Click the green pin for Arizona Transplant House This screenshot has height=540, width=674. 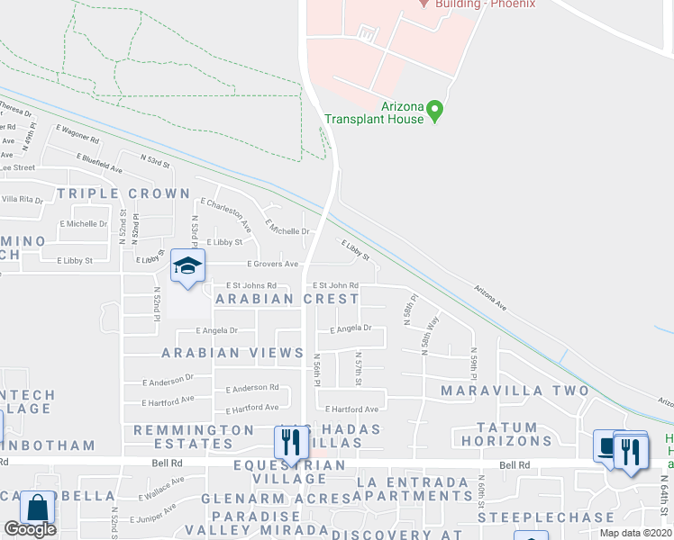pyautogui.click(x=435, y=112)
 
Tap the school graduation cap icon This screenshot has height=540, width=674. pyautogui.click(x=188, y=266)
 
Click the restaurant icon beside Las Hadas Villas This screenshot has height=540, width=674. pyautogui.click(x=289, y=442)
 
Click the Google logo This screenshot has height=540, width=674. pyautogui.click(x=30, y=529)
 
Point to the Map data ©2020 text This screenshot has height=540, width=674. pyautogui.click(x=635, y=533)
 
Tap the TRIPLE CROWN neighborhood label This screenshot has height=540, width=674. pyautogui.click(x=123, y=193)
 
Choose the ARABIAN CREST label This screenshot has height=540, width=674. pyautogui.click(x=287, y=298)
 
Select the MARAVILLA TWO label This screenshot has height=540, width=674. pyautogui.click(x=515, y=391)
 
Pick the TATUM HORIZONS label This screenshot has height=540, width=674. pyautogui.click(x=506, y=435)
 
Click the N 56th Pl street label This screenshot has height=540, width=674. pyautogui.click(x=317, y=371)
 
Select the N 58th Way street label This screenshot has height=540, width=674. pyautogui.click(x=432, y=332)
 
